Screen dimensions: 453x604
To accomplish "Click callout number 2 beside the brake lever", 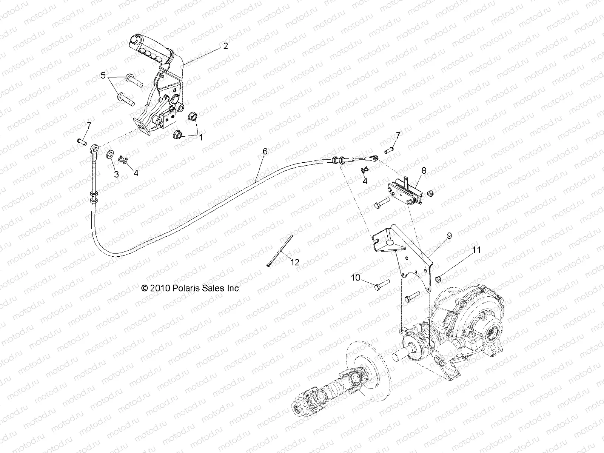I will pos(225,46).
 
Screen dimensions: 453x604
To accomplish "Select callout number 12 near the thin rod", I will pos(295,262).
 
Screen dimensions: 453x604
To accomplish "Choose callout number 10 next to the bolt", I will pos(356,278).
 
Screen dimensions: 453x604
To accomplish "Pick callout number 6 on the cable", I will pos(276,151).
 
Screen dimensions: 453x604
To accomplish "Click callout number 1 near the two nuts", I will pos(201,138).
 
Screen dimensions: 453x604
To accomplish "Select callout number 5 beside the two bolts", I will pos(103,75).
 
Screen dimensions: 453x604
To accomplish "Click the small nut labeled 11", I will pos(438,279).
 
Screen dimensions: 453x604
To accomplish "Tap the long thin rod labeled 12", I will pos(280,250).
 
